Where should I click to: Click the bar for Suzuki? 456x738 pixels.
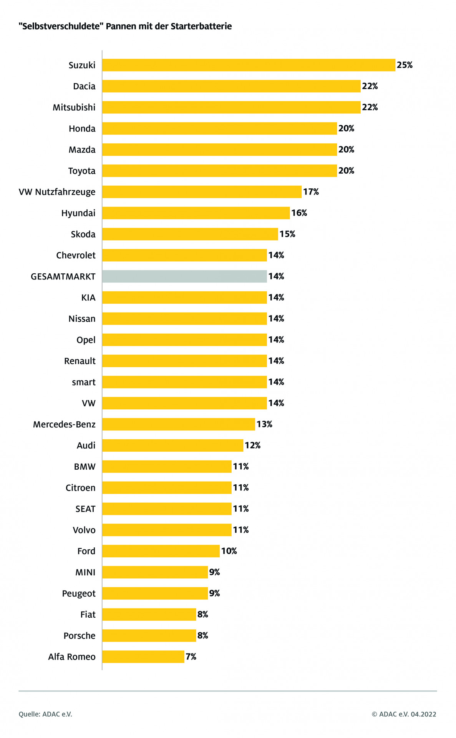click(x=249, y=65)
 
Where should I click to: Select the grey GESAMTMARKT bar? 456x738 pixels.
click(x=184, y=276)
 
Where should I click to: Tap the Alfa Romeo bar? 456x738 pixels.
click(x=143, y=657)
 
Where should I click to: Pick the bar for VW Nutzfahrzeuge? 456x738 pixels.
click(x=202, y=192)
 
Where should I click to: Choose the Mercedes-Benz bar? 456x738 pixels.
click(x=179, y=424)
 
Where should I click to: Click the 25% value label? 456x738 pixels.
click(x=405, y=65)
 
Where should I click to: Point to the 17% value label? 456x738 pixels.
click(x=311, y=192)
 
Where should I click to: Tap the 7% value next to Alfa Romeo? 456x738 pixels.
click(x=191, y=657)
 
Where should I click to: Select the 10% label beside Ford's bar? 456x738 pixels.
click(x=229, y=551)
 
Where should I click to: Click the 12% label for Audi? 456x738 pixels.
click(x=252, y=445)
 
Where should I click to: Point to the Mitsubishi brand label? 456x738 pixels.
click(x=74, y=107)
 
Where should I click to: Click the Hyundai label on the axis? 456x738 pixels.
click(x=78, y=213)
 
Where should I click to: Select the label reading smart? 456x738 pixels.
click(x=84, y=382)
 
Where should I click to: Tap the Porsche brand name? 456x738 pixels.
click(x=80, y=636)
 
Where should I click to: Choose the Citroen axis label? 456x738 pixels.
click(x=80, y=488)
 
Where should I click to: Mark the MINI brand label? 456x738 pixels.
click(x=85, y=572)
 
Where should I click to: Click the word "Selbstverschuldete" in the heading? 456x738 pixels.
click(x=61, y=26)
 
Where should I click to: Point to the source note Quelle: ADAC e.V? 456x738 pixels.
click(x=45, y=714)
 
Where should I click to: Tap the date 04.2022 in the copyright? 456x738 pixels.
click(x=423, y=714)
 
